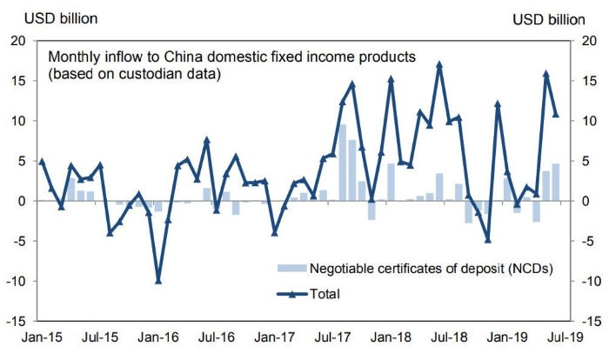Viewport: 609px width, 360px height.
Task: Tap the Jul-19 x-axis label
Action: tap(567, 335)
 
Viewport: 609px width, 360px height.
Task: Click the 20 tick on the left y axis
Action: tap(19, 41)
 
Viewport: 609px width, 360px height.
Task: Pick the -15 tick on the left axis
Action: tap(17, 321)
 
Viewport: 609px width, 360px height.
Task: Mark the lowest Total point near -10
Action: tap(158, 280)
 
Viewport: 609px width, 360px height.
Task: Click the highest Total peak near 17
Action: tap(439, 64)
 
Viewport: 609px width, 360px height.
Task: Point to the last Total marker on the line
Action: tap(556, 114)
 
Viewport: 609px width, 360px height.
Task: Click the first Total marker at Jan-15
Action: tap(42, 161)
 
